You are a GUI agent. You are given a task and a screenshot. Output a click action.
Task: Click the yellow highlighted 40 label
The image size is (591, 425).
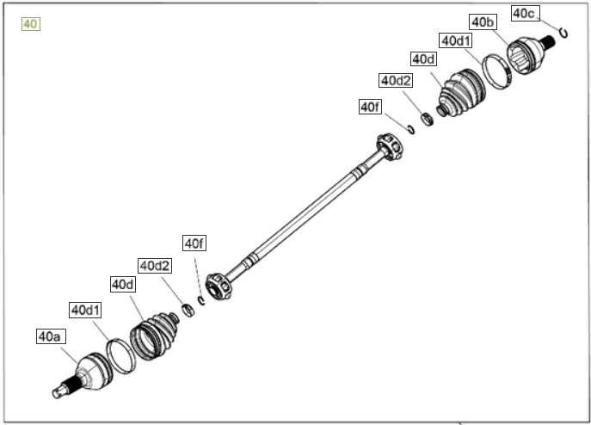[x=30, y=24]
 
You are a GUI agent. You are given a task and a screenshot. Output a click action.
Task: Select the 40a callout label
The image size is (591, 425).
[x=52, y=336]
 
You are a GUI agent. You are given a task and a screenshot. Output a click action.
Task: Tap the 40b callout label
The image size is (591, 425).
[x=483, y=22]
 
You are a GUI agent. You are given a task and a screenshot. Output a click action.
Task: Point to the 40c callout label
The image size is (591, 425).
[x=526, y=14]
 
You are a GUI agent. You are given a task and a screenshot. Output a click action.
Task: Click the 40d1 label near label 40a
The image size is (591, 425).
[x=85, y=311]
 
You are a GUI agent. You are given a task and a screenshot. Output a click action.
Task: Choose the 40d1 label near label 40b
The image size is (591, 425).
[x=456, y=40]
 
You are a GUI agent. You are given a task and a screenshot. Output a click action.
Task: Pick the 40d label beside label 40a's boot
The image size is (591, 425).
[x=123, y=285]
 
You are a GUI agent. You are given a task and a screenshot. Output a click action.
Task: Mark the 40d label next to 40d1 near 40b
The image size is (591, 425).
[x=423, y=59]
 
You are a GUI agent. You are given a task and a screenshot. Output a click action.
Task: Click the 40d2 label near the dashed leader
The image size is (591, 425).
[x=155, y=266]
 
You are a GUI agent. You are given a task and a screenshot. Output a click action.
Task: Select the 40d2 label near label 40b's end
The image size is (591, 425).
[x=396, y=80]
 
